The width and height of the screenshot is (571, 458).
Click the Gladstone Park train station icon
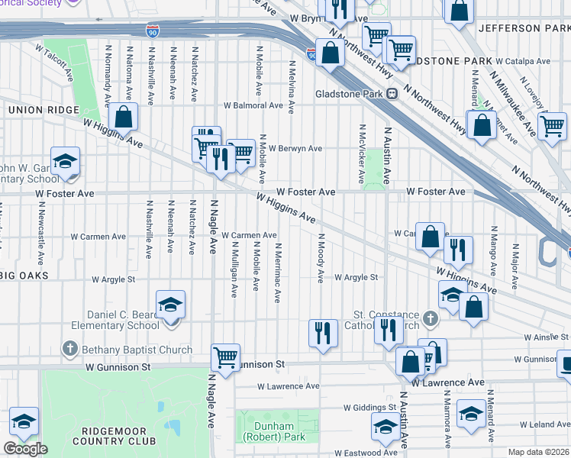coord(392,94)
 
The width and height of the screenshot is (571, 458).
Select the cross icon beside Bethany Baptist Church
coord(69,350)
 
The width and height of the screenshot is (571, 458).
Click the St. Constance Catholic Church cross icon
coord(430,317)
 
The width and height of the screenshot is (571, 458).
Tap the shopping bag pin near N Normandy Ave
coord(123,118)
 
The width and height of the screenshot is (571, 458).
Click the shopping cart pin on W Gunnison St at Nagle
coord(226,357)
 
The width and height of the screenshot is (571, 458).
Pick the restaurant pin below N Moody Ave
coord(323,333)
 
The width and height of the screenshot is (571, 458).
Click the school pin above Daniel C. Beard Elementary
coord(170,305)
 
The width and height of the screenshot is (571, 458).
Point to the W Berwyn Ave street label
coord(295,148)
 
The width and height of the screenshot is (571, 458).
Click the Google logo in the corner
coord(25,449)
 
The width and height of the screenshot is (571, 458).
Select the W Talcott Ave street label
coord(55,63)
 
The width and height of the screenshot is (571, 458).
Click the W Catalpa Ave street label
coord(523,61)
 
